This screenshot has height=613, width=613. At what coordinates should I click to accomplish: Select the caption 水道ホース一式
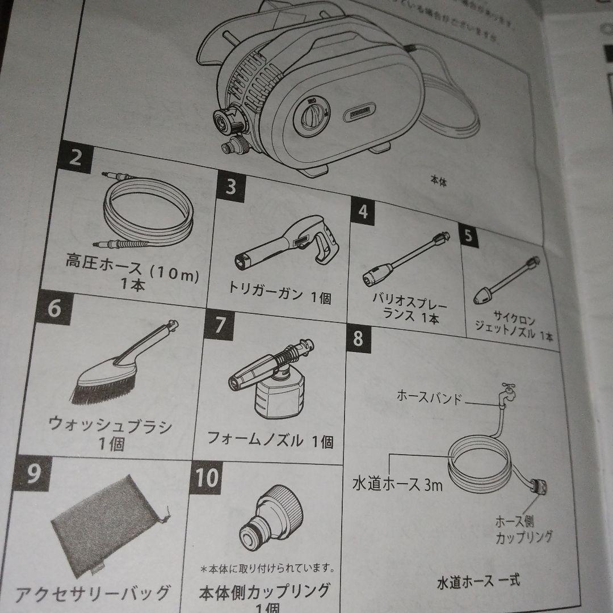click(x=478, y=582)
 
